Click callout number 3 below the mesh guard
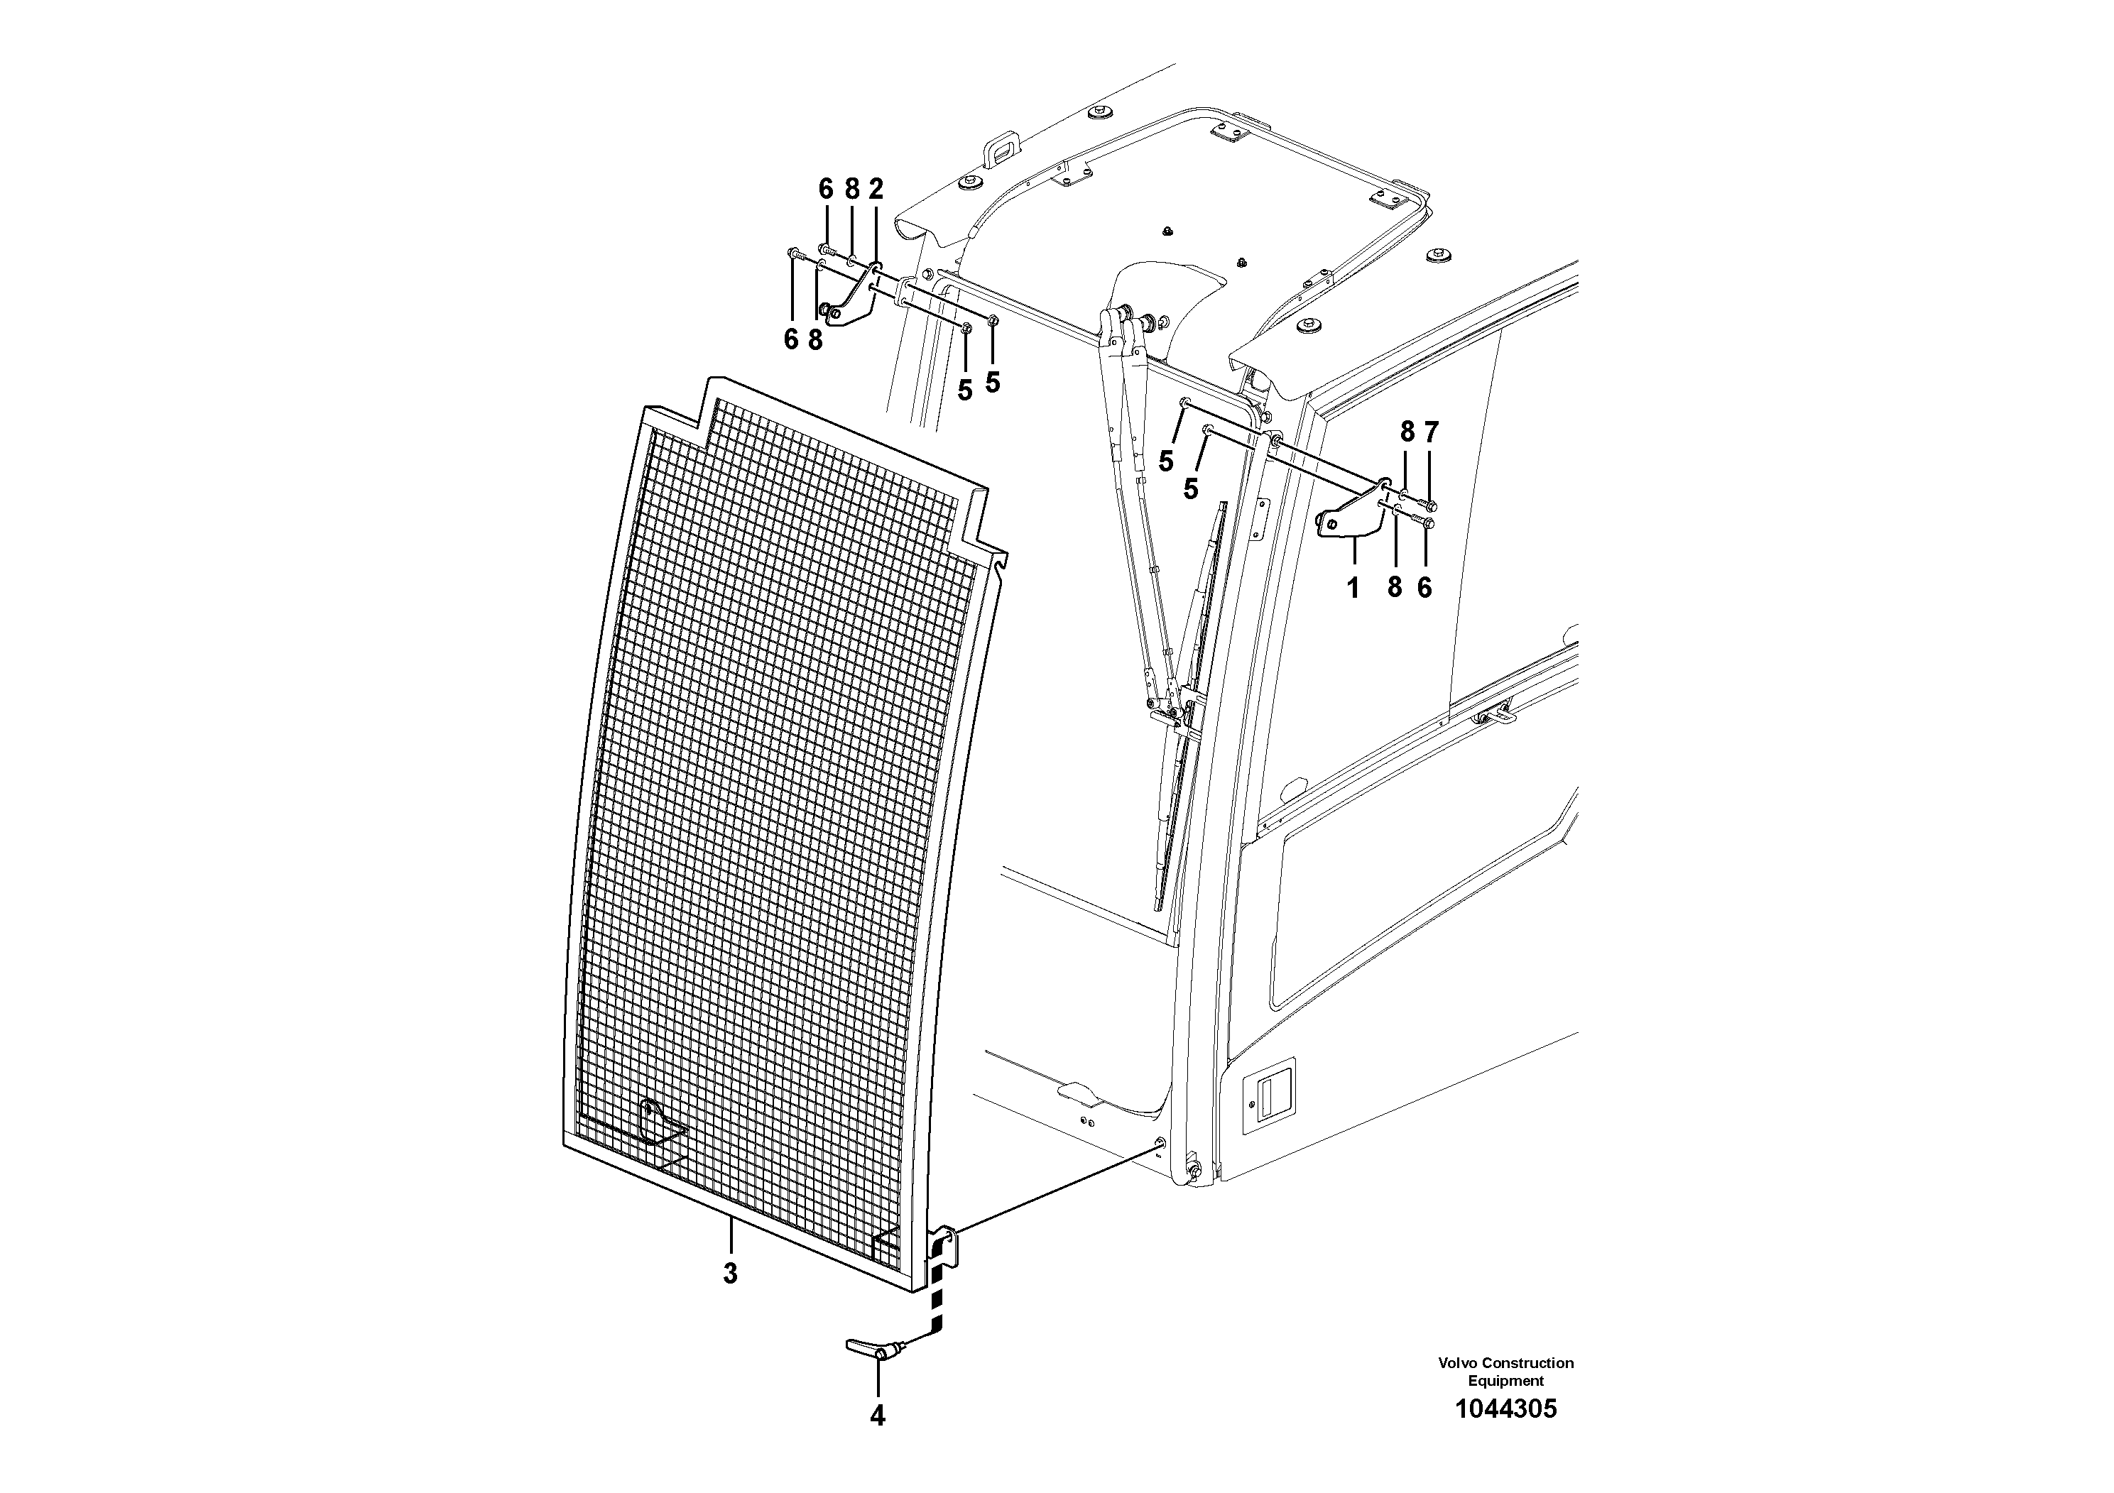pos(729,1274)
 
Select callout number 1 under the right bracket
pos(1353,587)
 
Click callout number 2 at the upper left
pos(875,190)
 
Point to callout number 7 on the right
pos(1430,432)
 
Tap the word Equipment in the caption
pos(1505,1381)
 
